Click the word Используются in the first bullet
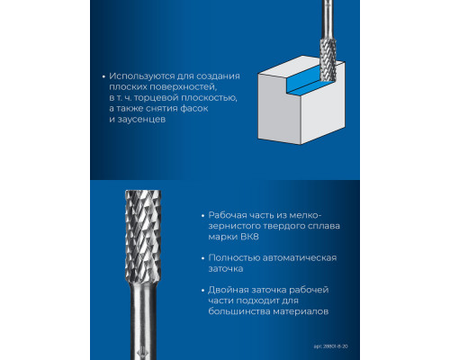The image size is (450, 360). pyautogui.click(x=141, y=76)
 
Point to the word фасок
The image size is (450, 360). pyautogui.click(x=193, y=108)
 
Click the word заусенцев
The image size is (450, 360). pyautogui.click(x=141, y=120)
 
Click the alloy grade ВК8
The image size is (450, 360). pyautogui.click(x=249, y=237)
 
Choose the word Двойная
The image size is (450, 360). pyautogui.click(x=229, y=290)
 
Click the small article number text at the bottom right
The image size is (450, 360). pyautogui.click(x=331, y=346)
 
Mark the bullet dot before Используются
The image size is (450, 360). pyautogui.click(x=103, y=76)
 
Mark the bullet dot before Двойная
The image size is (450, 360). pyautogui.click(x=203, y=291)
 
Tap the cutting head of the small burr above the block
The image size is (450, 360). pyautogui.click(x=328, y=59)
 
